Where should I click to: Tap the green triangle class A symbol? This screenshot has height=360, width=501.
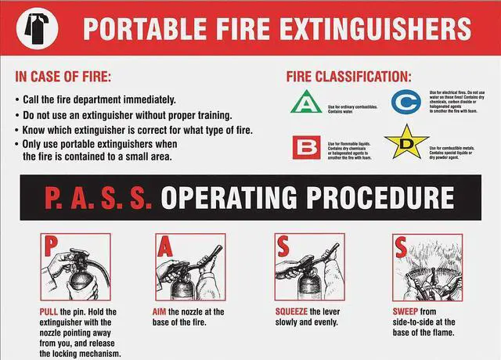click(x=305, y=103)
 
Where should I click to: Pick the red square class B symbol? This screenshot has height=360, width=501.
click(x=305, y=146)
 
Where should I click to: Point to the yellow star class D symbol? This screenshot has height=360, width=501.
click(x=406, y=143)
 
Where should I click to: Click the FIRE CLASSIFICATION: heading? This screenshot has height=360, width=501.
click(x=348, y=77)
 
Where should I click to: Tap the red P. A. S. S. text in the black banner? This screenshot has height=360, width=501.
click(x=93, y=196)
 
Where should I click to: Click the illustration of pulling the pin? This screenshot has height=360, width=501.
click(x=71, y=268)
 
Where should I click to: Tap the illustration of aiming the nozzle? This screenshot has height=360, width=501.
click(x=189, y=268)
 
